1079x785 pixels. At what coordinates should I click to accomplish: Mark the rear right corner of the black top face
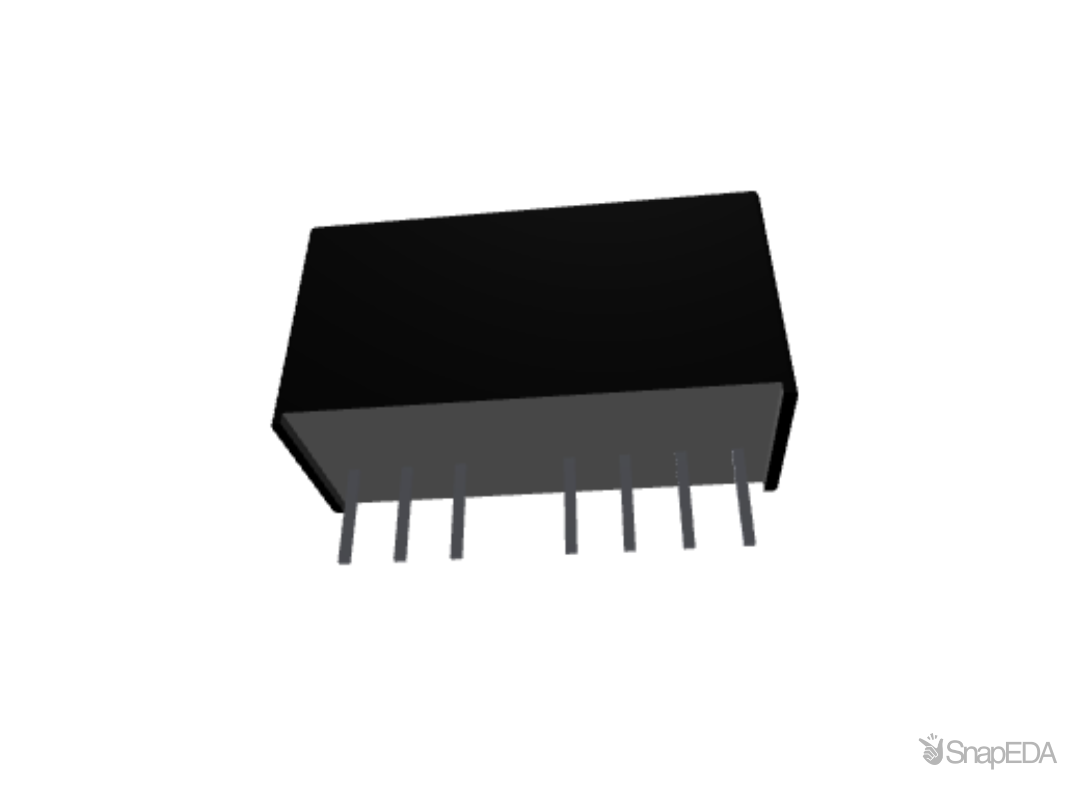pyautogui.click(x=756, y=191)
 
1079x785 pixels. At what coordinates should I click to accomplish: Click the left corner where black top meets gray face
pyautogui.click(x=281, y=414)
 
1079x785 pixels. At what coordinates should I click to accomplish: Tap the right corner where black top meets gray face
pyautogui.click(x=782, y=382)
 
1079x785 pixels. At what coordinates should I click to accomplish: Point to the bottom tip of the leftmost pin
pyautogui.click(x=344, y=561)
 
